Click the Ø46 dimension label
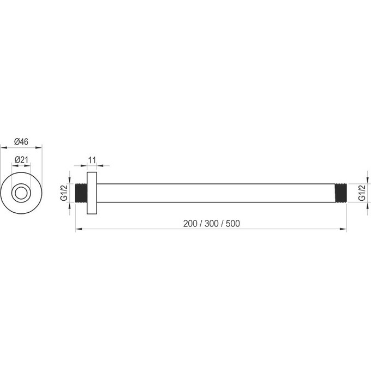click(21, 142)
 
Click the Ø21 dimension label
click(21, 160)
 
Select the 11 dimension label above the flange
click(92, 160)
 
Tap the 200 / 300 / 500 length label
click(211, 223)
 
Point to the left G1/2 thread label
click(64, 193)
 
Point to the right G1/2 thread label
click(362, 193)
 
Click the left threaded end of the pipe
click(81, 193)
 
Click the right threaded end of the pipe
click(340, 193)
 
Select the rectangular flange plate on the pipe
click(92, 193)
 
